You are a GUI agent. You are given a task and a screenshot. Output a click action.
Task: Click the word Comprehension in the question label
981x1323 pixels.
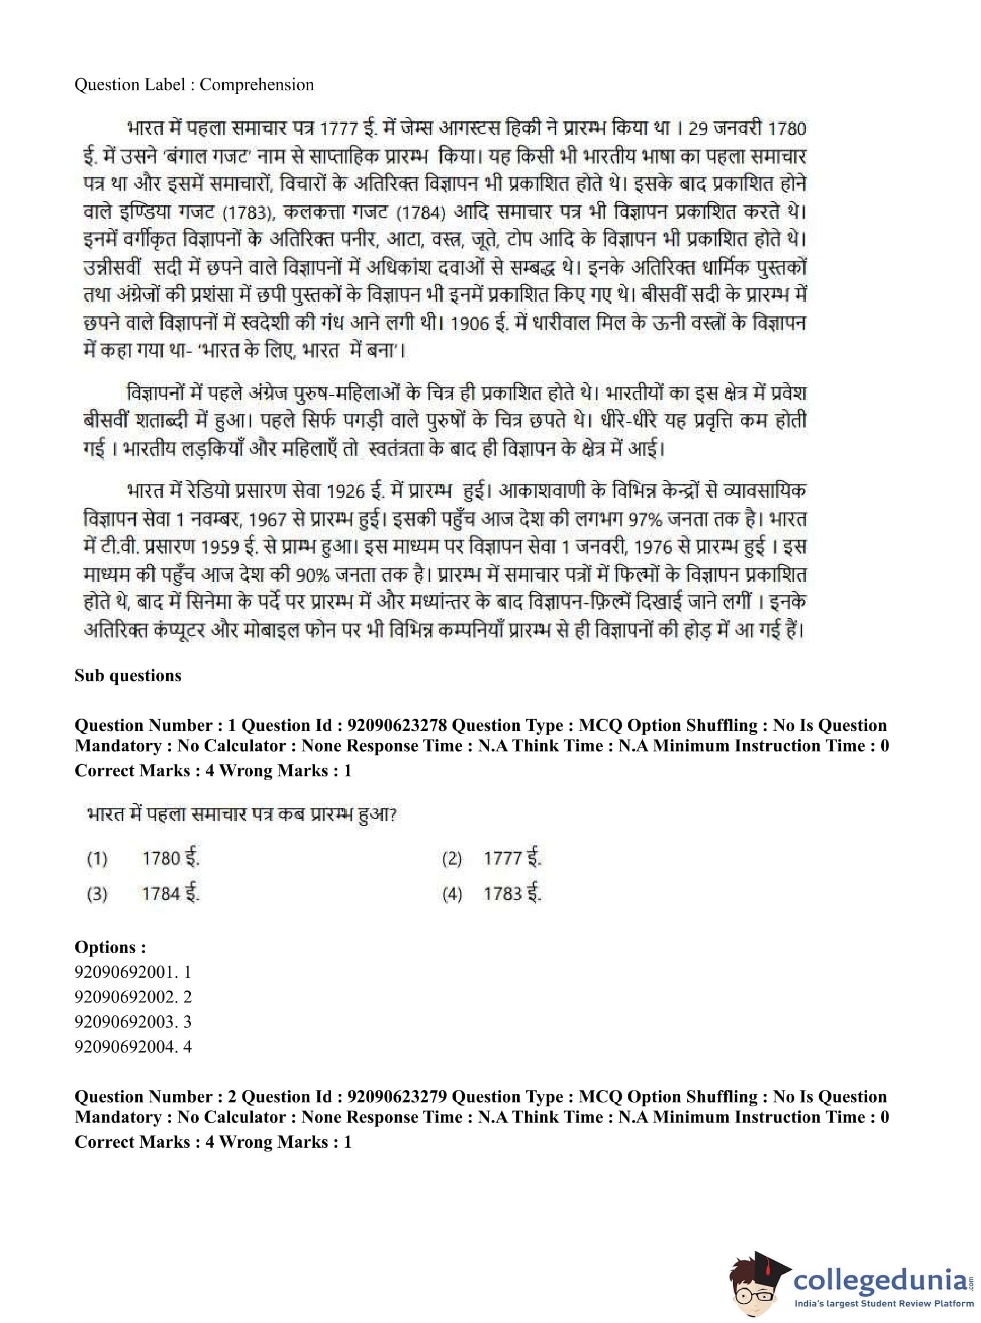pyautogui.click(x=256, y=85)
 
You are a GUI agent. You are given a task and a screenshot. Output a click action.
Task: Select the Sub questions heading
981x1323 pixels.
pyautogui.click(x=128, y=676)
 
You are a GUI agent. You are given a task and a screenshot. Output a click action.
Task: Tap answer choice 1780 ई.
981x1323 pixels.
pyautogui.click(x=170, y=859)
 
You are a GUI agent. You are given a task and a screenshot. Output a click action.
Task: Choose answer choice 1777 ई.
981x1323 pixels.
pyautogui.click(x=512, y=859)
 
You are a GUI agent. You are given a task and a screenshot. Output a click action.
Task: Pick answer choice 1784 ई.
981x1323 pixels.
pyautogui.click(x=170, y=894)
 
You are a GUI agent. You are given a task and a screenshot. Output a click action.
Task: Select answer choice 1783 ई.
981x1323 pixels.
pyautogui.click(x=512, y=894)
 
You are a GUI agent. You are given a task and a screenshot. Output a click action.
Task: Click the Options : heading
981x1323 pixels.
pyautogui.click(x=110, y=947)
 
